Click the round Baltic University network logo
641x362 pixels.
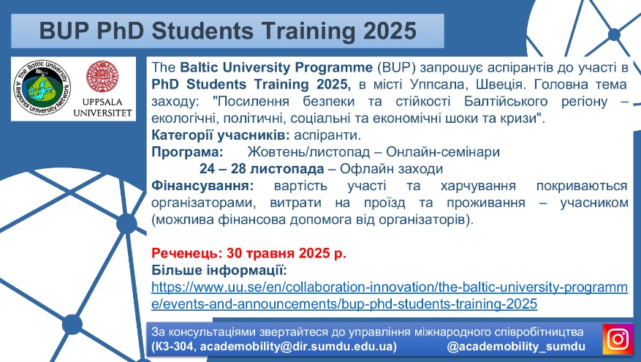click(x=42, y=88)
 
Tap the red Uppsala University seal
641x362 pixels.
click(x=102, y=77)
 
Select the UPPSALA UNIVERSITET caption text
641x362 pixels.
click(x=102, y=108)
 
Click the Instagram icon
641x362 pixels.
click(x=618, y=339)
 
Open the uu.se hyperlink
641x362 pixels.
click(x=389, y=295)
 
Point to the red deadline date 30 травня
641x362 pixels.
click(x=261, y=253)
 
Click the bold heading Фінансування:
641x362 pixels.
click(x=202, y=186)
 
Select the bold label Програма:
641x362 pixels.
click(x=187, y=152)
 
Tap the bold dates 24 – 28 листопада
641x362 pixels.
click(x=262, y=168)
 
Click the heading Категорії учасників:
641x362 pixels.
click(x=221, y=135)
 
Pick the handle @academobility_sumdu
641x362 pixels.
click(x=516, y=347)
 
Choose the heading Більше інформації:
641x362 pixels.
click(x=219, y=270)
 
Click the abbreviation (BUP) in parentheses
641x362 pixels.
click(x=396, y=67)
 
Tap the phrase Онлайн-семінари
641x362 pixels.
click(x=443, y=152)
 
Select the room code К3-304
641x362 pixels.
click(x=174, y=347)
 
